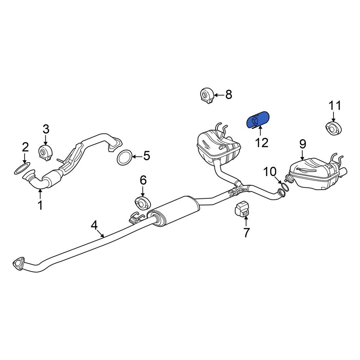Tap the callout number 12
(261, 143)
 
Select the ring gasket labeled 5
(125, 157)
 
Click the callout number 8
(229, 94)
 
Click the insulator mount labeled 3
(45, 153)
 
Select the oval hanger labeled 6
(142, 203)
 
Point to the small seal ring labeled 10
(285, 186)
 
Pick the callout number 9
(303, 144)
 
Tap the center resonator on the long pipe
(173, 210)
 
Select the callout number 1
(40, 205)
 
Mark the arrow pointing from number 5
(137, 157)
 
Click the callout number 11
(335, 106)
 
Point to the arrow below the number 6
(143, 191)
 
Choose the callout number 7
(246, 233)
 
